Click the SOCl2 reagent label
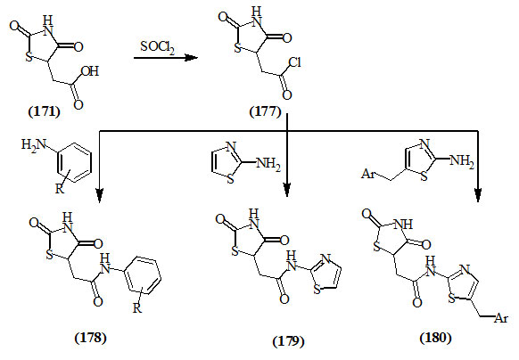click(x=158, y=47)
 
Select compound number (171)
click(x=45, y=111)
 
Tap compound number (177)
click(x=266, y=111)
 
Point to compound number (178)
click(x=91, y=338)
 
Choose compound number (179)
click(x=288, y=340)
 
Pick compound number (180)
click(x=435, y=338)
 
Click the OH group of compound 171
click(x=90, y=71)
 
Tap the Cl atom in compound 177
click(x=294, y=62)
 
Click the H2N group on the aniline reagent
click(x=33, y=145)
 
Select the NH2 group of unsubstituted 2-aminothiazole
click(x=268, y=163)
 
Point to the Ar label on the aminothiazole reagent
click(x=367, y=174)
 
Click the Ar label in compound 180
click(x=501, y=318)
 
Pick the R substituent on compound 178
click(x=137, y=308)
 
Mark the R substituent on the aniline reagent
click(x=59, y=189)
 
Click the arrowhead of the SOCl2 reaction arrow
click(x=191, y=58)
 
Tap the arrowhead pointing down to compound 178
click(x=100, y=195)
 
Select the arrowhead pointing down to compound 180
click(x=478, y=195)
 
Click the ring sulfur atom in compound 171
click(x=29, y=57)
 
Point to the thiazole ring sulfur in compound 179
click(x=317, y=290)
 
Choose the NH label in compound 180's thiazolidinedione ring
click(x=403, y=225)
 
